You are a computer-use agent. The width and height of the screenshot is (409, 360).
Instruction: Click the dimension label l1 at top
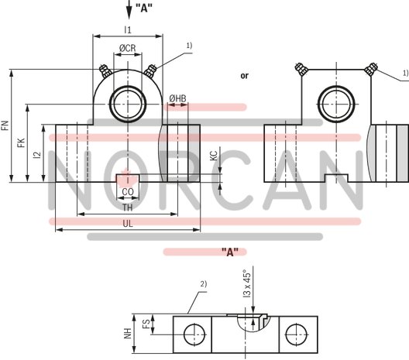point(127,29)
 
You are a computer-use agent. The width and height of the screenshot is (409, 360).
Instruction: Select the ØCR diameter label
point(128,49)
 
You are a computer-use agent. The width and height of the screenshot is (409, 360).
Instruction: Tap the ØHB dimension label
point(177,98)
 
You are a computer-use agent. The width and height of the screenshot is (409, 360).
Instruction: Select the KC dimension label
point(213,156)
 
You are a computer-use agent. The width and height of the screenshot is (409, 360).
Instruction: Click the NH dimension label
point(129,333)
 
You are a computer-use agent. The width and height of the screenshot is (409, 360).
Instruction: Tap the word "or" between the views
point(245,75)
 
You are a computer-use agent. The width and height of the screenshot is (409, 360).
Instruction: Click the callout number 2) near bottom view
point(203,284)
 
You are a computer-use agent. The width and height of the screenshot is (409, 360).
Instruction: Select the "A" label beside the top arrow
point(144,8)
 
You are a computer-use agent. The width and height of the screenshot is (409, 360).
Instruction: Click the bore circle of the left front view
point(127,104)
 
